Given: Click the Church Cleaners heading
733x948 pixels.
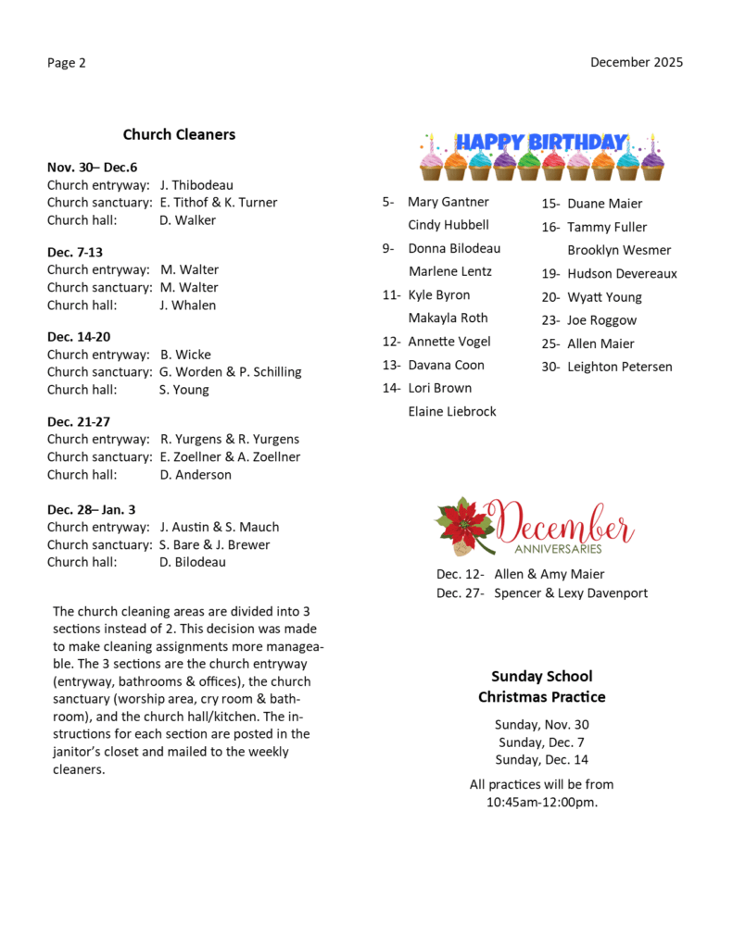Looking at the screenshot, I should pyautogui.click(x=179, y=134).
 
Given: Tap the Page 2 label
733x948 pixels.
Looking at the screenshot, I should pyautogui.click(x=67, y=63).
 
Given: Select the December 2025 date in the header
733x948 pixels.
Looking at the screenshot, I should pyautogui.click(x=637, y=62).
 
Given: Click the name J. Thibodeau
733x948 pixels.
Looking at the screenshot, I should pyautogui.click(x=196, y=185).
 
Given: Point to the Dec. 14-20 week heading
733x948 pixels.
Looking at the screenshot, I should pyautogui.click(x=79, y=337).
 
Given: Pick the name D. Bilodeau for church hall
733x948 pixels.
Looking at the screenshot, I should pyautogui.click(x=193, y=562).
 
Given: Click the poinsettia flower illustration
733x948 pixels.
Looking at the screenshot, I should pyautogui.click(x=464, y=525).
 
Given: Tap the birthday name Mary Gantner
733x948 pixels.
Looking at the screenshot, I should pyautogui.click(x=449, y=202).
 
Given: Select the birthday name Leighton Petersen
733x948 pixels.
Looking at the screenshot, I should pyautogui.click(x=620, y=367).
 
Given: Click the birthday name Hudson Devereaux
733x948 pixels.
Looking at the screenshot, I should pyautogui.click(x=622, y=274).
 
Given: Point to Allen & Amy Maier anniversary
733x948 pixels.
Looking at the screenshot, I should pyautogui.click(x=549, y=575).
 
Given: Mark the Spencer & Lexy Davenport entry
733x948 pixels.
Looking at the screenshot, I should pyautogui.click(x=571, y=593).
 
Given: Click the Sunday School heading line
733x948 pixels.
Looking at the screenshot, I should pyautogui.click(x=542, y=677).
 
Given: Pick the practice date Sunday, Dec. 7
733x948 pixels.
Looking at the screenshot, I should pyautogui.click(x=542, y=742).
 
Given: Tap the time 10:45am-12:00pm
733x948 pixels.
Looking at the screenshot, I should pyautogui.click(x=542, y=802).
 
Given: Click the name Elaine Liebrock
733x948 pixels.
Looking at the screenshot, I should pyautogui.click(x=452, y=411).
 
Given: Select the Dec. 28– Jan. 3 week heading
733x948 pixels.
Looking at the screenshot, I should pyautogui.click(x=92, y=509).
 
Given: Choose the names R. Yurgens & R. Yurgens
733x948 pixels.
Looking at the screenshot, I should pyautogui.click(x=230, y=440).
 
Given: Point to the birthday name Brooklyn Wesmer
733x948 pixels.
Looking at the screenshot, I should pyautogui.click(x=619, y=250).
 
